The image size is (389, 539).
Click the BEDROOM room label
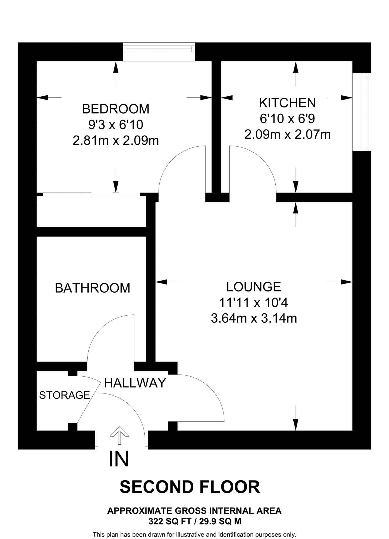[x=115, y=109]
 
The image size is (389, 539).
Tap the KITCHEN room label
[x=287, y=103]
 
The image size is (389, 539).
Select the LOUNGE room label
[x=254, y=287]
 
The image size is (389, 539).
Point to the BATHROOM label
[x=93, y=288]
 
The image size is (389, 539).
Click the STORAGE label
[x=64, y=395]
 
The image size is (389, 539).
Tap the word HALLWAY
[x=135, y=383]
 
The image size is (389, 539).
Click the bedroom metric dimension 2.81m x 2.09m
[x=116, y=141]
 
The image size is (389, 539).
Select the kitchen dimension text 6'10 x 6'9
[x=287, y=119]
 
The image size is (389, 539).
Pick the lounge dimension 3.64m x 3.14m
[x=254, y=318]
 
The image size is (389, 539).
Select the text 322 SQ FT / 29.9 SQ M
[x=194, y=521]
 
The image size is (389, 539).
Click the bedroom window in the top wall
[x=159, y=49]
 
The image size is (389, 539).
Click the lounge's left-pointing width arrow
[x=162, y=282]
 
